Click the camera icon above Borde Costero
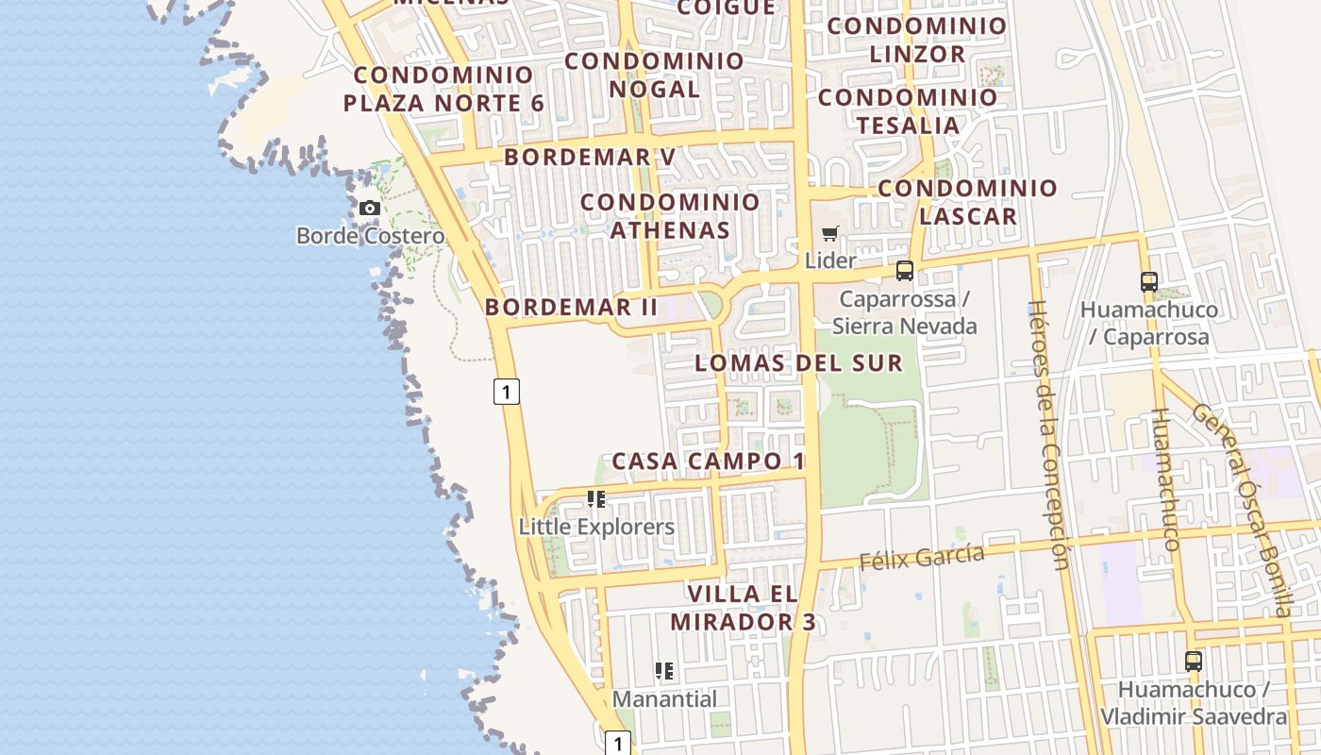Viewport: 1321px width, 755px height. (x=370, y=208)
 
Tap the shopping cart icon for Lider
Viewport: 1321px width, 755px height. (x=830, y=233)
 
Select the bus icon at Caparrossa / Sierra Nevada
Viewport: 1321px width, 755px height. (x=905, y=271)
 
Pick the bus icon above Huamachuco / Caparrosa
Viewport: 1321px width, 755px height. (x=1148, y=281)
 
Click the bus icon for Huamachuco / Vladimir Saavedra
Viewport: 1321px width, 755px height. (x=1194, y=661)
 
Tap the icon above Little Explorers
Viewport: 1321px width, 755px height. (x=596, y=498)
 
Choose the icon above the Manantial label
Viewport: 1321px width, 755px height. (x=664, y=671)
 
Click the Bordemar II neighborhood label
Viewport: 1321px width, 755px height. (x=571, y=307)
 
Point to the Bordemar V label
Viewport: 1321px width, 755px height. (x=590, y=157)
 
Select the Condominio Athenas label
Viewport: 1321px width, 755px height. (x=670, y=215)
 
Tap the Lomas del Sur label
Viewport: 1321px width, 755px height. (x=798, y=363)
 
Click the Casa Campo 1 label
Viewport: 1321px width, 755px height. (x=708, y=461)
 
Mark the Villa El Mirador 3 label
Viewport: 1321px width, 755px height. (x=744, y=608)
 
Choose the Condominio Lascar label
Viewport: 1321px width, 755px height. (x=968, y=201)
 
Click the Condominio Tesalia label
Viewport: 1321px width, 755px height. (x=908, y=110)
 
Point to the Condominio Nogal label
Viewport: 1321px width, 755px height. (x=655, y=75)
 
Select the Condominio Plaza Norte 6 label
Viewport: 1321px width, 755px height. (x=443, y=89)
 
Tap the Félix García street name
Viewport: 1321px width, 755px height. (x=921, y=557)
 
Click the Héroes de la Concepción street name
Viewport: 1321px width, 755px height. (x=1048, y=435)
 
